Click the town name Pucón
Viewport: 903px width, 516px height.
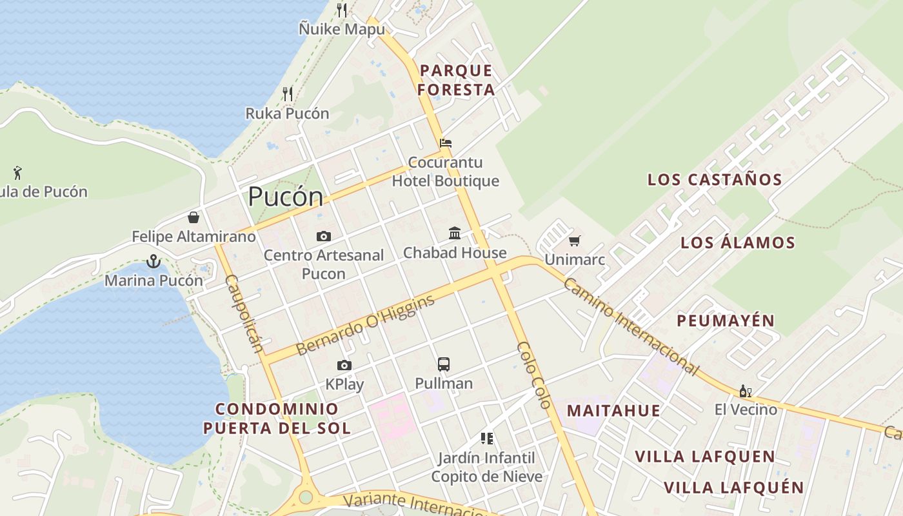click(285, 197)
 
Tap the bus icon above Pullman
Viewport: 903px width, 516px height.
click(444, 364)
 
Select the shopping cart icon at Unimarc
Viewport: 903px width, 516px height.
click(574, 241)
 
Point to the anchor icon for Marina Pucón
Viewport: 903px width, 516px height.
click(153, 261)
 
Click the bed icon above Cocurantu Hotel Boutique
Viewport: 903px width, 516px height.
click(446, 143)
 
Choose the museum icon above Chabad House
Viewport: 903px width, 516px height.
click(455, 233)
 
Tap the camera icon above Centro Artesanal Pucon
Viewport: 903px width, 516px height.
click(324, 237)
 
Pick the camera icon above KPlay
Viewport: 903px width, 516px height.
click(344, 366)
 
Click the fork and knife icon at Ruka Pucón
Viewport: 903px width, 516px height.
click(288, 94)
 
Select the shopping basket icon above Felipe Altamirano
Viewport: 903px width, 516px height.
click(193, 217)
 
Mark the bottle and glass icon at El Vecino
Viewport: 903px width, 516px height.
click(746, 391)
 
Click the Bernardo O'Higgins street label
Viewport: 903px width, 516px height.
click(365, 326)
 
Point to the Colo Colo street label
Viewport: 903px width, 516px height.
click(534, 375)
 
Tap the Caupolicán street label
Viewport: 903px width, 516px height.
click(244, 314)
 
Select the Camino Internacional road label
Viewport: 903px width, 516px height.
click(630, 327)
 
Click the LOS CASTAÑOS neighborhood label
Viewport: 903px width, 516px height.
click(715, 180)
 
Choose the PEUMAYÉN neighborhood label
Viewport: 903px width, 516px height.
click(726, 321)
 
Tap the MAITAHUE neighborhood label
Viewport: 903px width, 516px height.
click(613, 411)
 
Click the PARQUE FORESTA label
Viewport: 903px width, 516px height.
click(457, 80)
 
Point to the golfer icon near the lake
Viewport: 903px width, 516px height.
click(17, 173)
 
